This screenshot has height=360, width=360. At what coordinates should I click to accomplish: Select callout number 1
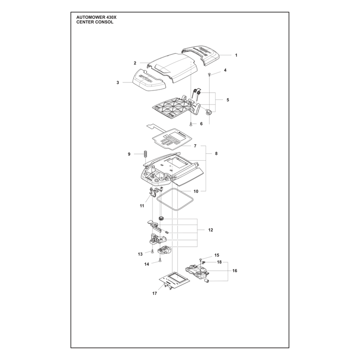pos(236,55)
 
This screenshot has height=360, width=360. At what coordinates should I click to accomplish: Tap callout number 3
pos(118,82)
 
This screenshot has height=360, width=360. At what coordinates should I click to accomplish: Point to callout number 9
pos(129,154)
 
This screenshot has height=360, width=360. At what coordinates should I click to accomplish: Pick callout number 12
pos(211,230)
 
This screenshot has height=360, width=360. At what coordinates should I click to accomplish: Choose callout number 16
pos(234,271)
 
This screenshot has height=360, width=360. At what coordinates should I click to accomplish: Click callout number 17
pos(154,293)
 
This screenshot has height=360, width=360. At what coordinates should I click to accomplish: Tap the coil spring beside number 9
pos(144,154)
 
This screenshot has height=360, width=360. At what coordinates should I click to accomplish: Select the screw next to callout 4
pos(209,74)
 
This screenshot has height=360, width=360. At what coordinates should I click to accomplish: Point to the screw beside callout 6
pos(191,124)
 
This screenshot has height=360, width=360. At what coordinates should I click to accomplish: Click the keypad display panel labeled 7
pos(170,139)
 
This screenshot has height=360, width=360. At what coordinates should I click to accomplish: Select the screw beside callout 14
pos(160,260)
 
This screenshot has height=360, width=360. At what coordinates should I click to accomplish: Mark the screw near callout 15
pos(201,260)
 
